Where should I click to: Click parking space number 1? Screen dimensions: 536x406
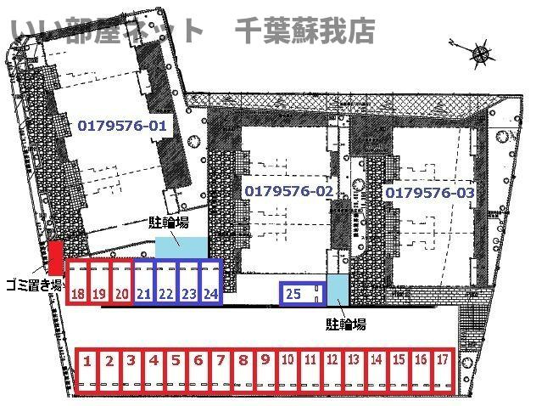tap(87, 369)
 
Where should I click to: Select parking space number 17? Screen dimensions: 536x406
tap(444, 369)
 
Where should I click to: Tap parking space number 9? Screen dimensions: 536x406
tap(265, 369)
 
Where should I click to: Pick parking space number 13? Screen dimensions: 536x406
tap(355, 369)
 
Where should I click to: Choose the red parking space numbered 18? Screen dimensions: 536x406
tap(77, 282)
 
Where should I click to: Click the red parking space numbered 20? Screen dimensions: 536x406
tap(122, 282)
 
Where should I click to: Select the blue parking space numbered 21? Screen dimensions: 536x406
tap(144, 282)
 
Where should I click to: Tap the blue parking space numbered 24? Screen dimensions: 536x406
tap(211, 282)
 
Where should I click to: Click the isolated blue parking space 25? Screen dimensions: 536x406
tap(302, 293)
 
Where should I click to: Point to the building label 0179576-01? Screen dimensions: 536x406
tap(122, 126)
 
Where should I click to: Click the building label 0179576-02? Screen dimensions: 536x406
tap(289, 190)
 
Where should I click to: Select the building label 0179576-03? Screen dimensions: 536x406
tap(430, 193)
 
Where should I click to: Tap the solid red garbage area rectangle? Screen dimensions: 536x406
tap(55, 257)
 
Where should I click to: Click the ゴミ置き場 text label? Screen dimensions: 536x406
tap(34, 285)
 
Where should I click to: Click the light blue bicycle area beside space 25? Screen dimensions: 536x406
tap(338, 290)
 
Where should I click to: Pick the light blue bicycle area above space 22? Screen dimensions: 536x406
tap(181, 247)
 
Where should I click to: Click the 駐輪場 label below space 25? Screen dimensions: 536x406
tap(346, 324)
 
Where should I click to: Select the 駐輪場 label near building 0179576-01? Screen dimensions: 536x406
tap(169, 223)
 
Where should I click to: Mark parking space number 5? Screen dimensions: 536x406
tap(176, 369)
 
